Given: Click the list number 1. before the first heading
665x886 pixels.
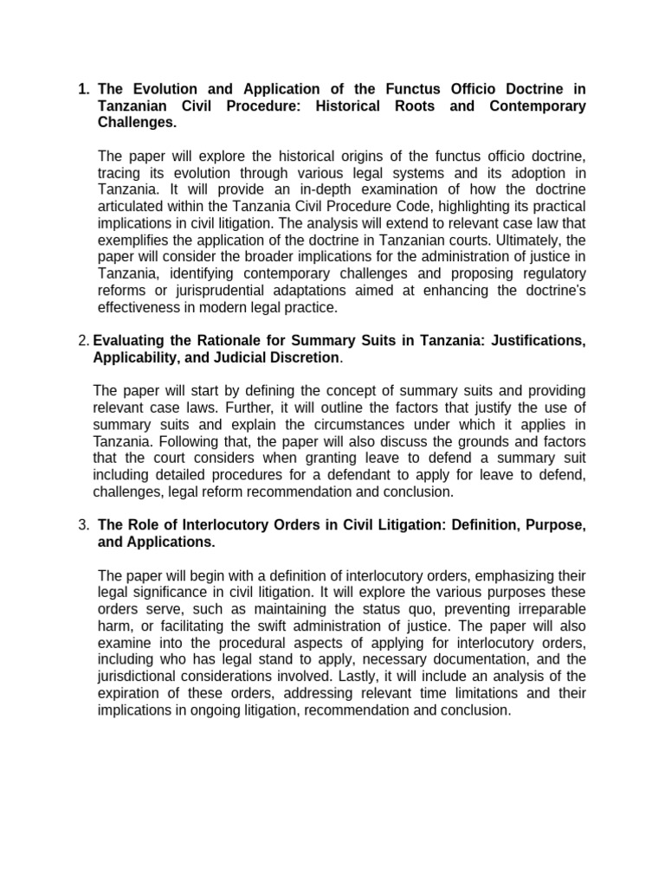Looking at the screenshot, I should pos(84,89).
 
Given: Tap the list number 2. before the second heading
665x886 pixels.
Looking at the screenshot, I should pos(84,342).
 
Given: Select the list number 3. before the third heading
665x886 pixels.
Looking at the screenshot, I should pos(84,525).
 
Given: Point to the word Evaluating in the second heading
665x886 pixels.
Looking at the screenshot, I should pos(128,342).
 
